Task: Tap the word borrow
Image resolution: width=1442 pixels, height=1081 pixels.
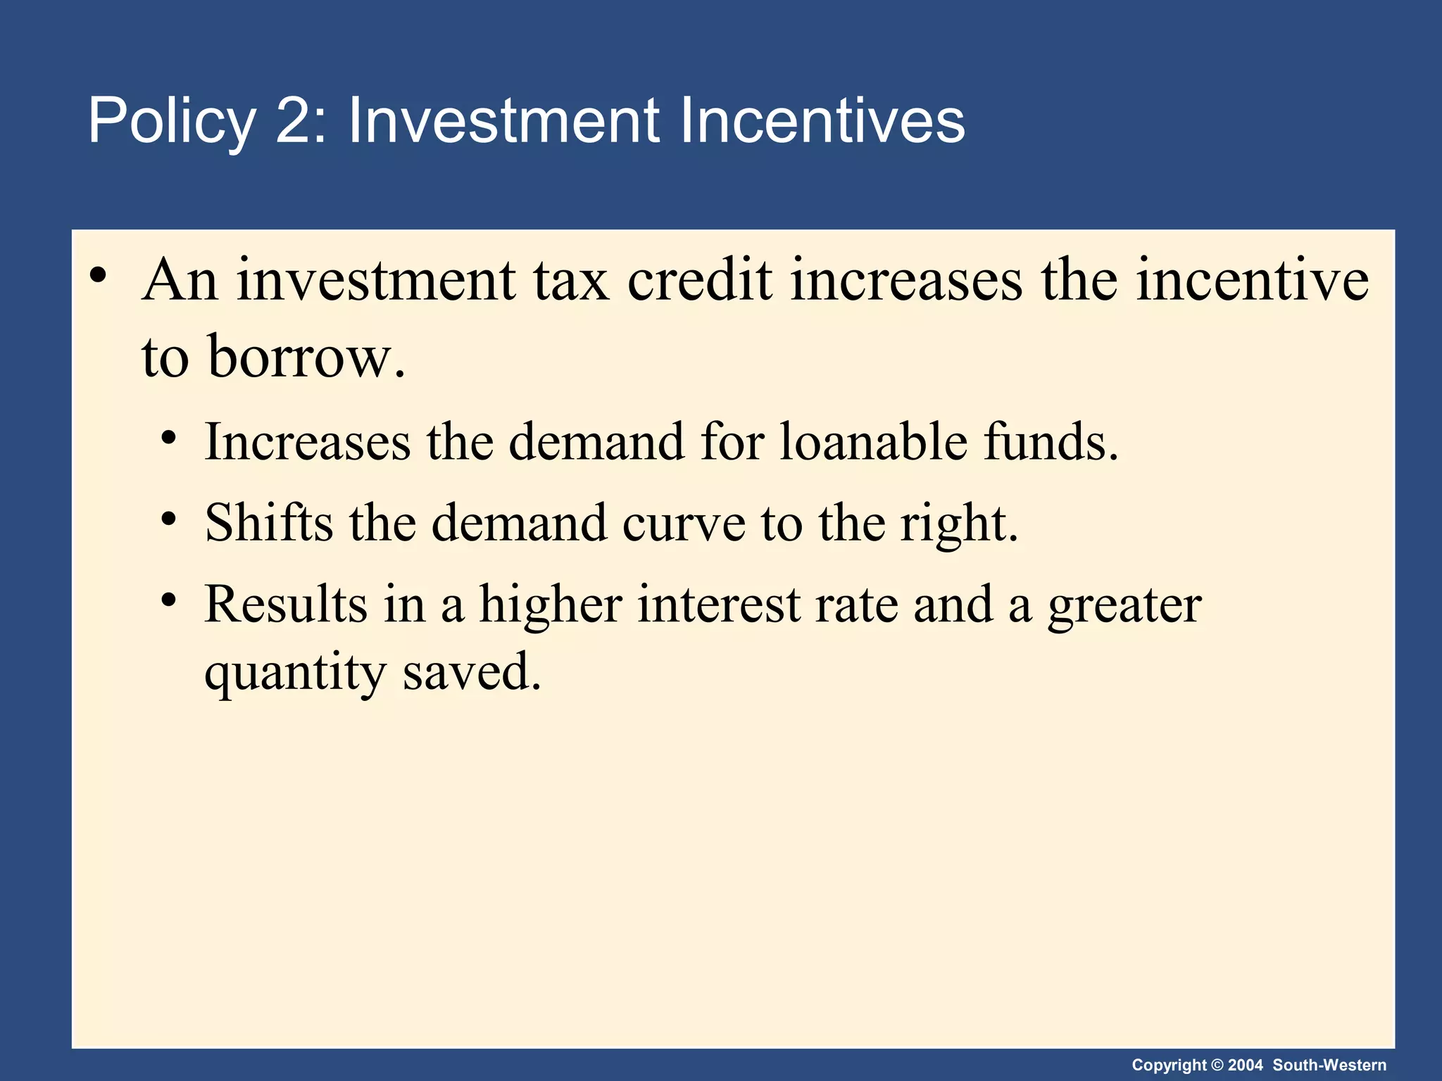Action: click(306, 358)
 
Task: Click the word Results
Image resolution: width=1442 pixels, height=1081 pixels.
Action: click(285, 605)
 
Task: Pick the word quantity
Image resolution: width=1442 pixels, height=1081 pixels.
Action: click(295, 673)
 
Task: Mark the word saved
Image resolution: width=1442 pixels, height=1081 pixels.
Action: click(472, 671)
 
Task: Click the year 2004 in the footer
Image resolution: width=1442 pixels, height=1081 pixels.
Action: click(1246, 1066)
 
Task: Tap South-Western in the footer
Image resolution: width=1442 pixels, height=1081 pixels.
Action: click(1329, 1066)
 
